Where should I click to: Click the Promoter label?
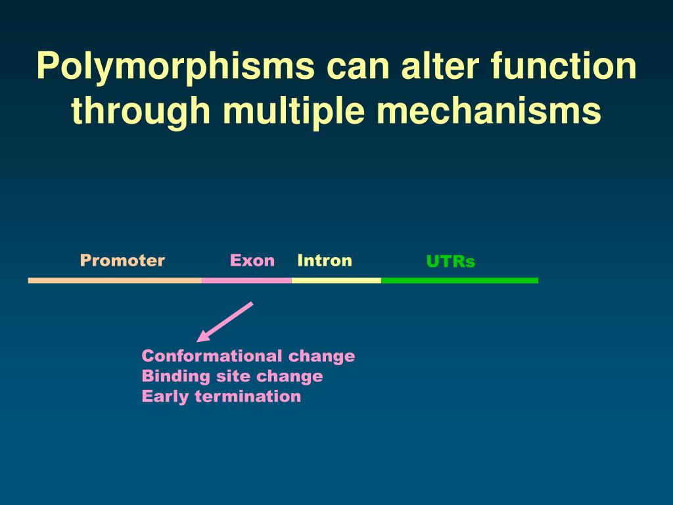pos(122,260)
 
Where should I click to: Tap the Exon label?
pos(252,260)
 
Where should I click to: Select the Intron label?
pos(325,260)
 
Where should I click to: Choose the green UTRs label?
pos(450,262)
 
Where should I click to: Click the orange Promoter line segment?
pos(115,281)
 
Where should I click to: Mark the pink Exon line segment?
pos(246,281)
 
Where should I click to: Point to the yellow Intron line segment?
pos(336,281)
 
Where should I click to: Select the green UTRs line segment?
pos(459,281)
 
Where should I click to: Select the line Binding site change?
pos(232,376)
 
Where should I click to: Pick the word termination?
pos(248,397)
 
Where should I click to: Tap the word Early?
pos(166,397)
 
